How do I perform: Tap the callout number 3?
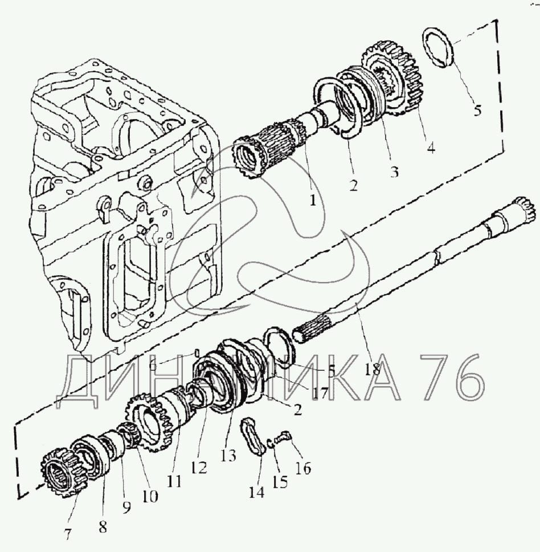[x=394, y=172]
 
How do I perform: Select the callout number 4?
[x=431, y=148]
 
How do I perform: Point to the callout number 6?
[x=153, y=365]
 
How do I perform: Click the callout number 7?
[x=67, y=534]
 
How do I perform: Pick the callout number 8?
[x=103, y=527]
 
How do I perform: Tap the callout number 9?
[x=126, y=507]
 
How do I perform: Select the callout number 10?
[x=150, y=496]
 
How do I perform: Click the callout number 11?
[x=174, y=481]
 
